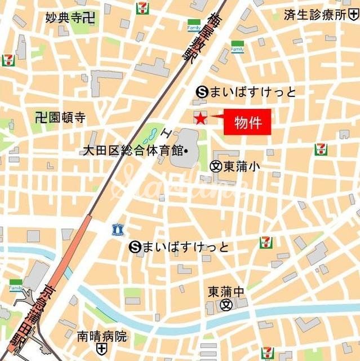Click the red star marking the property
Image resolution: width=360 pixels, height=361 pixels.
(200, 117)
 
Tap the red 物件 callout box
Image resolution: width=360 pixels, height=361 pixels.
(247, 122)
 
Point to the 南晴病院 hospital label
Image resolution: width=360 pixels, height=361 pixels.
(102, 337)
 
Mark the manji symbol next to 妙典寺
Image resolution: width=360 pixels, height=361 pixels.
(88, 17)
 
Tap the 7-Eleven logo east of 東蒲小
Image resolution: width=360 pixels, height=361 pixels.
(321, 149)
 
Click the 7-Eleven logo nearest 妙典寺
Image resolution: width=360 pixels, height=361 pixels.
(143, 8)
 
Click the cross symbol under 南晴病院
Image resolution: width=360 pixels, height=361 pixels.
(101, 349)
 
